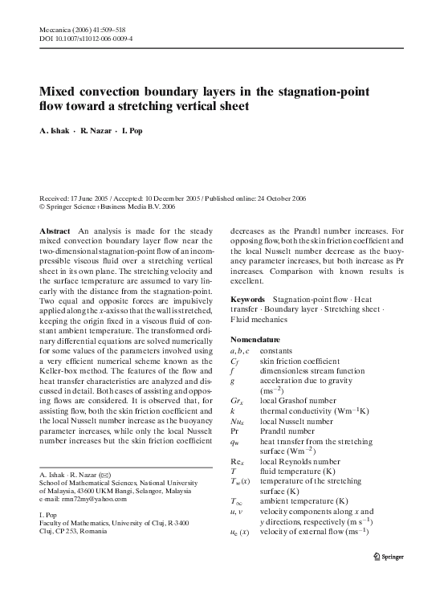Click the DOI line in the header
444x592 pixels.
pos(87,38)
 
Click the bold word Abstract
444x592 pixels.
pos(55,230)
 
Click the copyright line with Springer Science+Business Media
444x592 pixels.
pos(107,206)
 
